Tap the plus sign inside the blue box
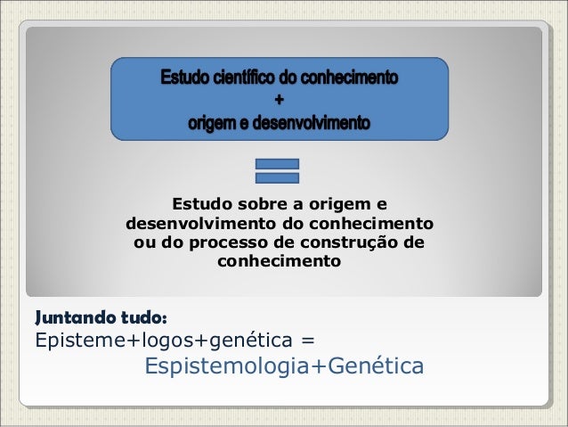click(x=280, y=98)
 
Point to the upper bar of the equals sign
click(x=277, y=164)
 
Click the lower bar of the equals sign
click(x=277, y=177)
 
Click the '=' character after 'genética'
click(x=308, y=341)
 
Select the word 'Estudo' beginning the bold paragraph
click(x=200, y=202)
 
